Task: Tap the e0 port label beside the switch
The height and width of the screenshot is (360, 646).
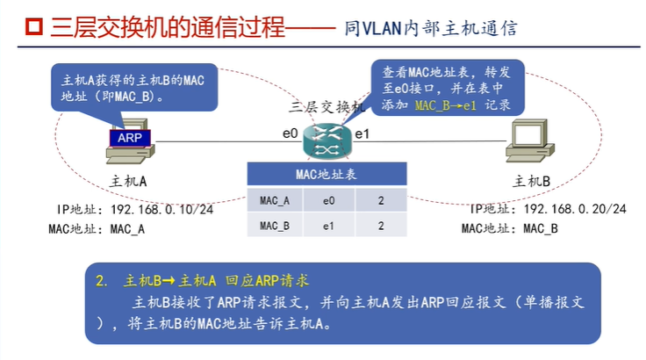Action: click(x=291, y=134)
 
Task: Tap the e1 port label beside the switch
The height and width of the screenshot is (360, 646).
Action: click(x=361, y=134)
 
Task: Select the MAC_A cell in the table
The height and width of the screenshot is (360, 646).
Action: click(x=275, y=201)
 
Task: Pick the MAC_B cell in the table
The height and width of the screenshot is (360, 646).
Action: click(x=275, y=226)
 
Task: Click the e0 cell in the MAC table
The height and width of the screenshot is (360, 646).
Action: click(x=328, y=201)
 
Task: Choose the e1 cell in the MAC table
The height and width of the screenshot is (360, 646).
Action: click(x=328, y=226)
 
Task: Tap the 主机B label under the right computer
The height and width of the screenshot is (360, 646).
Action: click(x=531, y=181)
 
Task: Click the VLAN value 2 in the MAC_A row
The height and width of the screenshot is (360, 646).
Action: click(x=381, y=201)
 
